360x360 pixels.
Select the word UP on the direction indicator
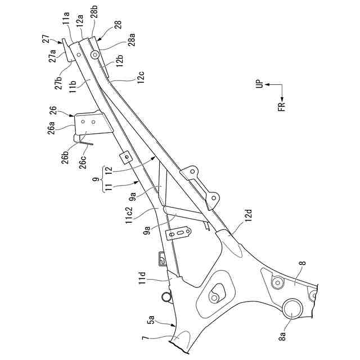pos(259,85)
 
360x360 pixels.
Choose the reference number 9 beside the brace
pos(96,180)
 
